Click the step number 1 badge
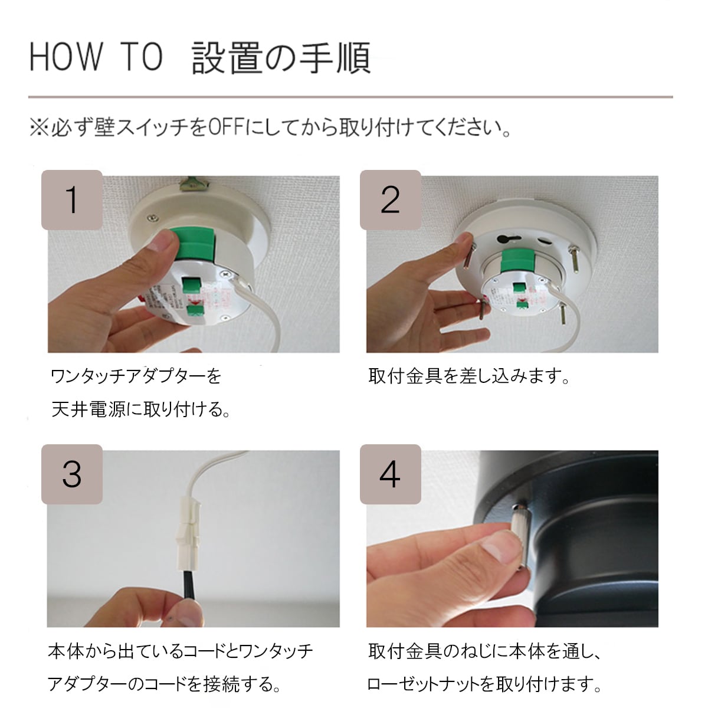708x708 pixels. pos(72,200)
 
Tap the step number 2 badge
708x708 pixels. pos(391,200)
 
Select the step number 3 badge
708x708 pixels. pos(72,474)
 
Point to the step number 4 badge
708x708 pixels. pos(391,474)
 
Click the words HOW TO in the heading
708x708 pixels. pos(96,57)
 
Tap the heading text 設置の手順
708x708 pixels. pos(281,58)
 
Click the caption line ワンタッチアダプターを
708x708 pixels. pos(136,376)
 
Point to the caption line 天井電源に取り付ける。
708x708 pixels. pos(141,409)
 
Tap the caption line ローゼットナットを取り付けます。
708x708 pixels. pos(484,684)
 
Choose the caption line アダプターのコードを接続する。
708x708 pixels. pos(164,684)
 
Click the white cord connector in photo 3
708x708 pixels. pos(189,533)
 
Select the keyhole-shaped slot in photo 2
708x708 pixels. pos(507,239)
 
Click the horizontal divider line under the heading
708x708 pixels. pos(350,97)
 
